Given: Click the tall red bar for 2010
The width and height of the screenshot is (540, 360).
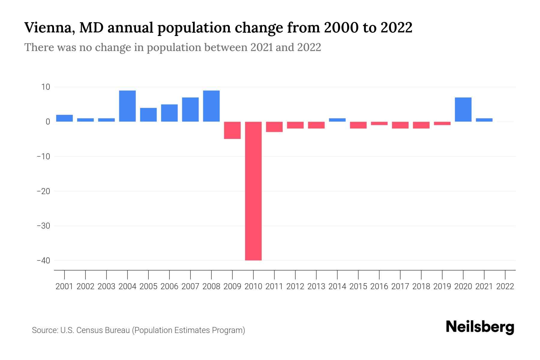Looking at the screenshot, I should pyautogui.click(x=253, y=191).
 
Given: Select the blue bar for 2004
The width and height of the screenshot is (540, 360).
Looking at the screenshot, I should pyautogui.click(x=127, y=106).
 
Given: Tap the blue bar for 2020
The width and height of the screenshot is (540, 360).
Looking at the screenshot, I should pyautogui.click(x=463, y=109).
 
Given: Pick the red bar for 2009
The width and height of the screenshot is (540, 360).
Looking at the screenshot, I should pyautogui.click(x=232, y=130).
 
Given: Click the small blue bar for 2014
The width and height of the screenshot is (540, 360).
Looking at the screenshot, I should pyautogui.click(x=337, y=120).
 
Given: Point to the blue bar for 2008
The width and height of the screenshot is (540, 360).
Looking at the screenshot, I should pyautogui.click(x=211, y=106).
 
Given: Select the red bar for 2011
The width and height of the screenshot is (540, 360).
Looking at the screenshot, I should pyautogui.click(x=274, y=127).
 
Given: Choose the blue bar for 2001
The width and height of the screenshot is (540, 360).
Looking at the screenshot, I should pyautogui.click(x=64, y=118).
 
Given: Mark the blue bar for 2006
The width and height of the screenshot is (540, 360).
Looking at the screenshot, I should pyautogui.click(x=169, y=113).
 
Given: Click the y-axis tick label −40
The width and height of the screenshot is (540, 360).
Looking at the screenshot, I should pyautogui.click(x=43, y=260).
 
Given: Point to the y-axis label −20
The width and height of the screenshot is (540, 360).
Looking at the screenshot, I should pyautogui.click(x=43, y=191).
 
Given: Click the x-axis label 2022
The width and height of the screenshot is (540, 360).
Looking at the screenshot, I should pyautogui.click(x=505, y=286).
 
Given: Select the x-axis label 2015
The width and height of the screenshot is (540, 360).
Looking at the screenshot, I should pyautogui.click(x=358, y=286).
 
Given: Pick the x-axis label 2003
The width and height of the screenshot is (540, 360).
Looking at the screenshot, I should pyautogui.click(x=106, y=286).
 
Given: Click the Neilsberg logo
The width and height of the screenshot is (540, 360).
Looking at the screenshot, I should pyautogui.click(x=480, y=327).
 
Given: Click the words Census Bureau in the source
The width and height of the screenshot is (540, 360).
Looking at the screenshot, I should pyautogui.click(x=103, y=330).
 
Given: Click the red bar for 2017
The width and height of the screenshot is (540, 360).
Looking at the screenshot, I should pyautogui.click(x=400, y=125).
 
